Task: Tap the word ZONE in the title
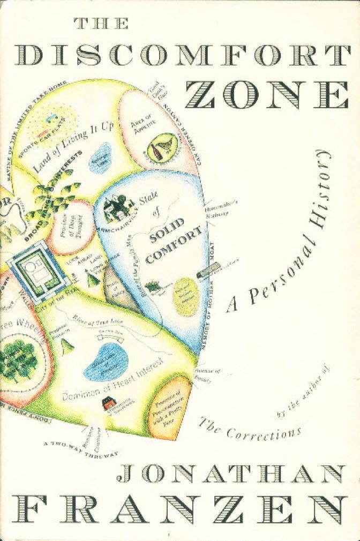point(273,97)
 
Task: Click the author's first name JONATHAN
point(230,474)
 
